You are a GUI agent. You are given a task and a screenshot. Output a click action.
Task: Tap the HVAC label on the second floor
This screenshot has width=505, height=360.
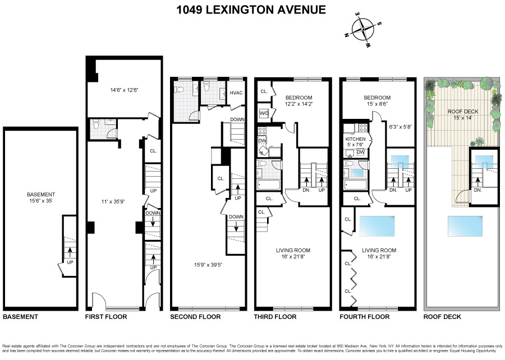236,93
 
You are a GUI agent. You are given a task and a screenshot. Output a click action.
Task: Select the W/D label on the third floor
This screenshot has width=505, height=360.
263,113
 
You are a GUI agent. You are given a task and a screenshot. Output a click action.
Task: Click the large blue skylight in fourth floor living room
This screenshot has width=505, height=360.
378,226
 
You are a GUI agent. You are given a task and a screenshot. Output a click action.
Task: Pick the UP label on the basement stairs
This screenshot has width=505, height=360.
71,262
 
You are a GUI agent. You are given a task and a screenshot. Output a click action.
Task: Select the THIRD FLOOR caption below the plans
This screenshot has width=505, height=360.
275,317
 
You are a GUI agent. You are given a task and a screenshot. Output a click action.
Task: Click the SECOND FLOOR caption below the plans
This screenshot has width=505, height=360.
195,317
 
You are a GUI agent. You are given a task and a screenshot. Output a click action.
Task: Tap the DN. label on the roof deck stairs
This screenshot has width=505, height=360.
477,190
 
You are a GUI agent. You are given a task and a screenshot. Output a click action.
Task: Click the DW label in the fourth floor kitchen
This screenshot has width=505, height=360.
360,152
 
